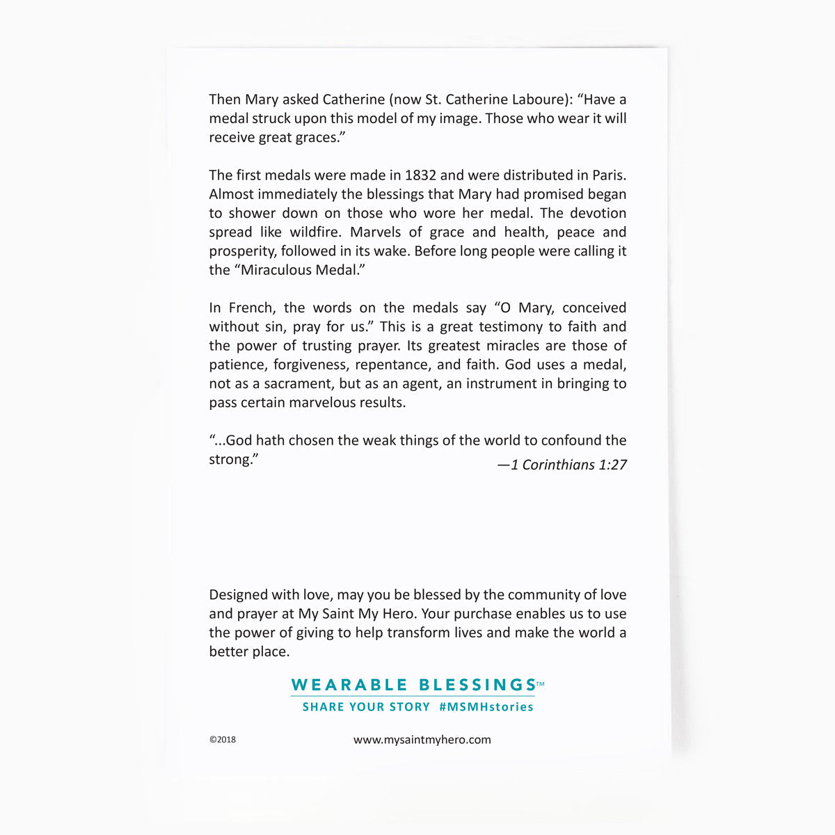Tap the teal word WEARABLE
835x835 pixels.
[x=349, y=685]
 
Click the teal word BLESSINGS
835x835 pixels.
[x=477, y=685]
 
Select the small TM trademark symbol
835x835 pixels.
[x=541, y=685]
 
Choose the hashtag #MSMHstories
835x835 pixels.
[x=486, y=707]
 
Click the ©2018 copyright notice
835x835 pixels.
[x=223, y=740]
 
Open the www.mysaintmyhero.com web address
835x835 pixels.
[x=422, y=740]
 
